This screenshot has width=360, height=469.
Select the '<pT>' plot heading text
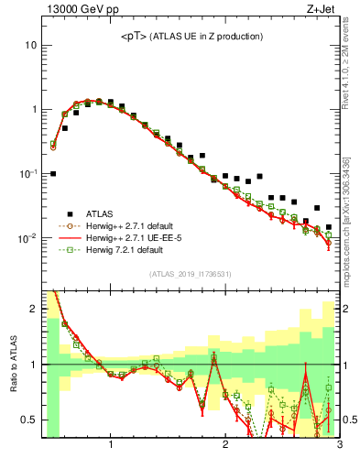pos(191,36)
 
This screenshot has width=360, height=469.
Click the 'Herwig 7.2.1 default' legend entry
pos(133,249)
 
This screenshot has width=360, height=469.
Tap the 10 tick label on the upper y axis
pos(30,45)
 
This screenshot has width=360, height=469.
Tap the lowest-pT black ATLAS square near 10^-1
pos(53,173)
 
